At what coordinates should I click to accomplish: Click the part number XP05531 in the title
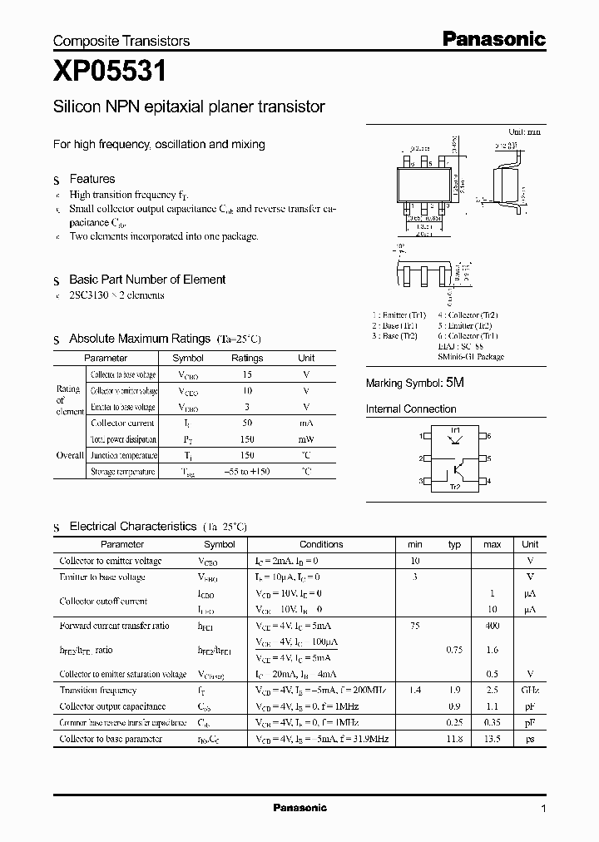(110, 73)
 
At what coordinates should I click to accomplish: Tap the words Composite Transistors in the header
(121, 41)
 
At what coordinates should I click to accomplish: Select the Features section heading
(92, 179)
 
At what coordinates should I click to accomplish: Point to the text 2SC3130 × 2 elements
(116, 295)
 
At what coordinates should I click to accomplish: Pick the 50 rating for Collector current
(246, 423)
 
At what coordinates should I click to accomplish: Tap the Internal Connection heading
(411, 409)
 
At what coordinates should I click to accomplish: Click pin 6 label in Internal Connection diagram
(489, 436)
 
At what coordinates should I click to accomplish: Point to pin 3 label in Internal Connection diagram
(421, 482)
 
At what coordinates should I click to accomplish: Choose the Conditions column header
(321, 545)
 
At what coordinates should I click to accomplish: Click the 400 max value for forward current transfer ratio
(492, 626)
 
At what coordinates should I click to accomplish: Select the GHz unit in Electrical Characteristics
(530, 691)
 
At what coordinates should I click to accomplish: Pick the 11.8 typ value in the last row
(455, 739)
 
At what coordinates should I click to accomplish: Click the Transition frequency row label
(97, 691)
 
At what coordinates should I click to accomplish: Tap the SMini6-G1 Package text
(470, 356)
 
